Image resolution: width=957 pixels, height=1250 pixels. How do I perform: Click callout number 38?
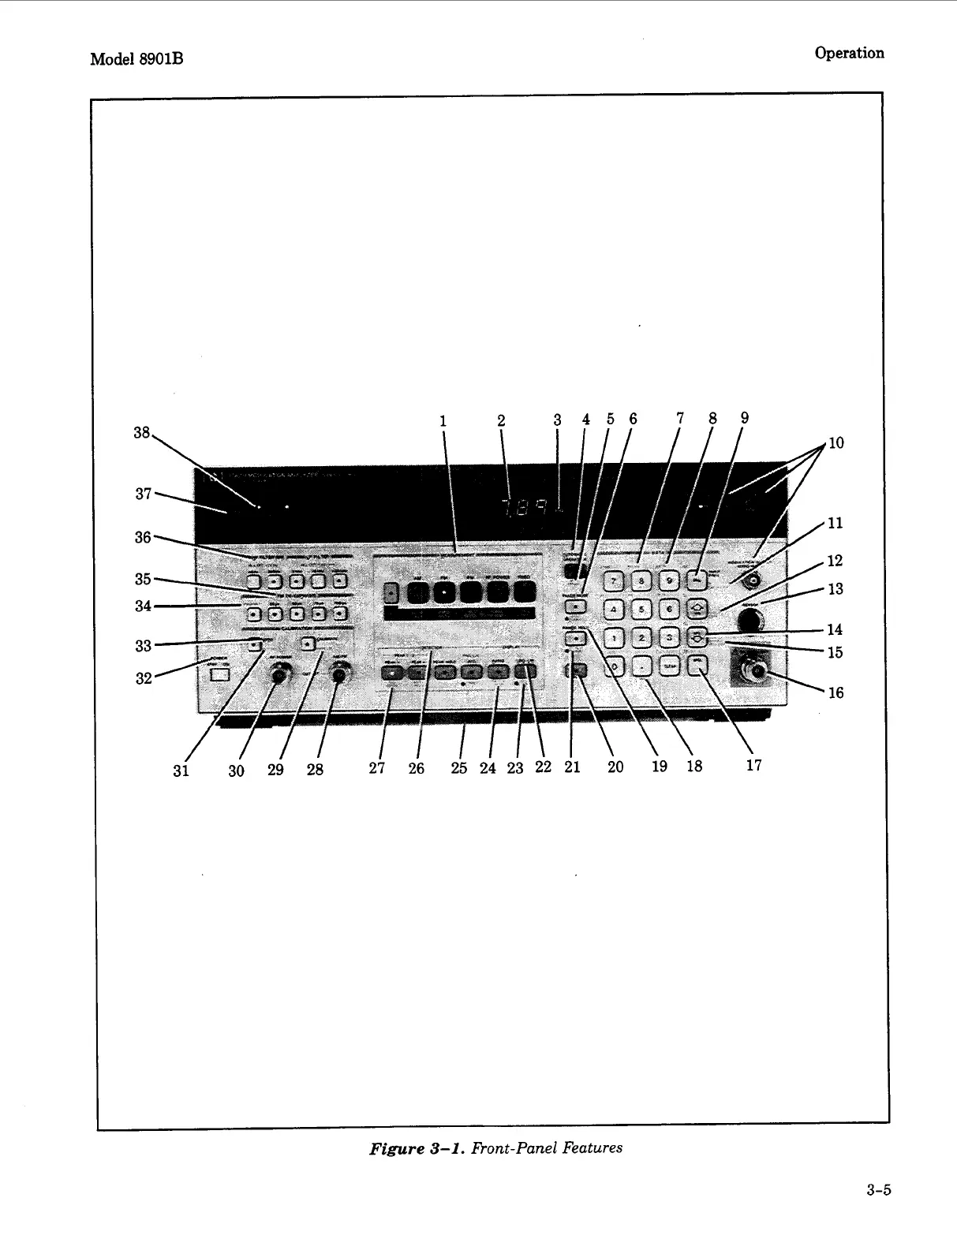click(x=141, y=432)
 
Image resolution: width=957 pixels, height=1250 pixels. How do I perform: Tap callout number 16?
click(x=836, y=692)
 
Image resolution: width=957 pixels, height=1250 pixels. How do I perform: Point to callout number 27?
click(x=377, y=769)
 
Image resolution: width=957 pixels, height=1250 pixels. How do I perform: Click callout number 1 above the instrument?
click(x=443, y=421)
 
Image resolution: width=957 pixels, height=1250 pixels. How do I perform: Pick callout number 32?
click(x=143, y=677)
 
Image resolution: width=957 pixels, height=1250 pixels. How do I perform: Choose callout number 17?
click(x=754, y=765)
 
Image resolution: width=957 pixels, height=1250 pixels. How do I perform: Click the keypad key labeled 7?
click(x=614, y=582)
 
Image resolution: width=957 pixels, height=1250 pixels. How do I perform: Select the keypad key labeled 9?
click(x=670, y=582)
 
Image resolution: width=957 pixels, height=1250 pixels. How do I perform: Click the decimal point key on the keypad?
click(x=643, y=666)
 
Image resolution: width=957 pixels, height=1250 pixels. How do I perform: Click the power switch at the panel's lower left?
click(x=221, y=674)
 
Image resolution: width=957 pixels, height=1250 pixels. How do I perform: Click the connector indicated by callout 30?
click(x=277, y=674)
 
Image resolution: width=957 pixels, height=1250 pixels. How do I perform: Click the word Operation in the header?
click(x=849, y=53)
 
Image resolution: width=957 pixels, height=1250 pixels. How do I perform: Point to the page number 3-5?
click(x=877, y=1191)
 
